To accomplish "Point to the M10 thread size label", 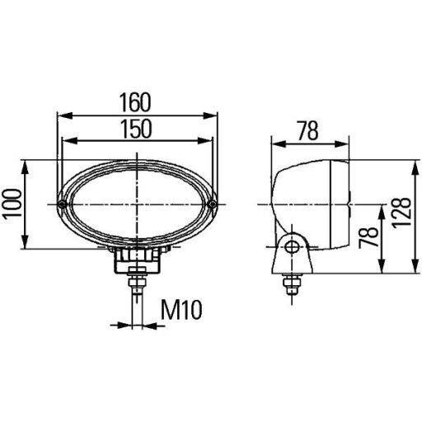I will point(181,310).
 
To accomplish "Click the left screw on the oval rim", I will point(63,203).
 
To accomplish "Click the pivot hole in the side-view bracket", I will point(289,246).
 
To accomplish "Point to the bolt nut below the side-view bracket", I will point(290,285).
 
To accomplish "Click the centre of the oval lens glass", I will point(137,203).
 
